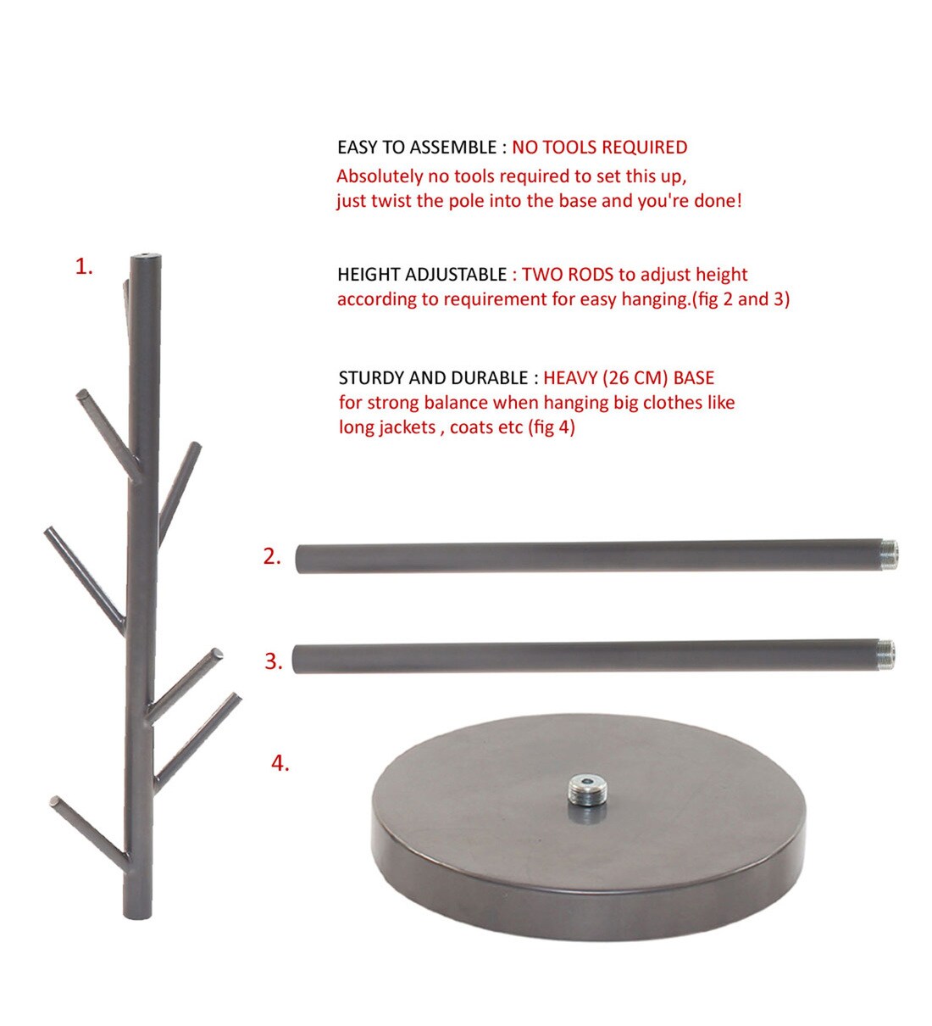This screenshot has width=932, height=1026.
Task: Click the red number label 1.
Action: click(x=83, y=266)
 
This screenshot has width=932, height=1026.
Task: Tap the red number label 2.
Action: click(x=271, y=557)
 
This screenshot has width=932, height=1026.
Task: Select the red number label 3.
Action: click(x=273, y=661)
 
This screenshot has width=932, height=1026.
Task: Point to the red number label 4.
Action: click(x=280, y=763)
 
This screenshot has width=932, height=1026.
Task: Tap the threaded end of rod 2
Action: click(x=889, y=554)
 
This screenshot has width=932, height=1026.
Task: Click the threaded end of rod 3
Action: click(x=887, y=652)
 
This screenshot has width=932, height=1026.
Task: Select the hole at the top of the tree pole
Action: click(x=141, y=255)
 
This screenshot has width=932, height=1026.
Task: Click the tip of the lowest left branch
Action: click(x=56, y=801)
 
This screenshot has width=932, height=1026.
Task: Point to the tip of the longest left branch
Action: click(x=49, y=532)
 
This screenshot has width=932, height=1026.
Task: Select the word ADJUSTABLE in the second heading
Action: click(x=456, y=275)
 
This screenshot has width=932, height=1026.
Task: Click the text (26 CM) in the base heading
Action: click(x=635, y=378)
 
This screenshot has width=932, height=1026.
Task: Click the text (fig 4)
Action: click(x=551, y=427)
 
